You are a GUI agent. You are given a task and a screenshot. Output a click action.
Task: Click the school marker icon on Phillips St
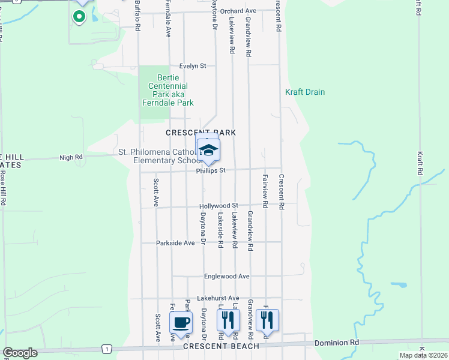click(208, 150)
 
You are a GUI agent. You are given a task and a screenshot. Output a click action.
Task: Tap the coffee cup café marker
click(181, 323)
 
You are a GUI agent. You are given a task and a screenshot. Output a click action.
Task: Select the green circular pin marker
click(79, 16)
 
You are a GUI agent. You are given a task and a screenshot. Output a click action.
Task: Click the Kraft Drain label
click(305, 92)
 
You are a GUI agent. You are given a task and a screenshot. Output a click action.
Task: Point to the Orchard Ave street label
click(238, 11)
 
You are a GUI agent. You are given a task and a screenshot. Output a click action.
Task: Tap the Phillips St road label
click(210, 170)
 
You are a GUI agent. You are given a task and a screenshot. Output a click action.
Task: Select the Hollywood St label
click(219, 206)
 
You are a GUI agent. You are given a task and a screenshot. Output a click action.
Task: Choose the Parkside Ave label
click(176, 243)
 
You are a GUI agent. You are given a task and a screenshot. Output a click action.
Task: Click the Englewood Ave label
click(226, 277)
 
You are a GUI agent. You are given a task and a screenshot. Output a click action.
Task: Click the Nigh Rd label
click(71, 158)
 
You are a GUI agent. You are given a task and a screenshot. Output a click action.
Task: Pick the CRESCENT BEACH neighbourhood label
click(221, 346)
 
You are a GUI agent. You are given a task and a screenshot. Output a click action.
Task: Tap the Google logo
click(20, 353)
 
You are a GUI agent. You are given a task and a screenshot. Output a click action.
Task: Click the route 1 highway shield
click(106, 348)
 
